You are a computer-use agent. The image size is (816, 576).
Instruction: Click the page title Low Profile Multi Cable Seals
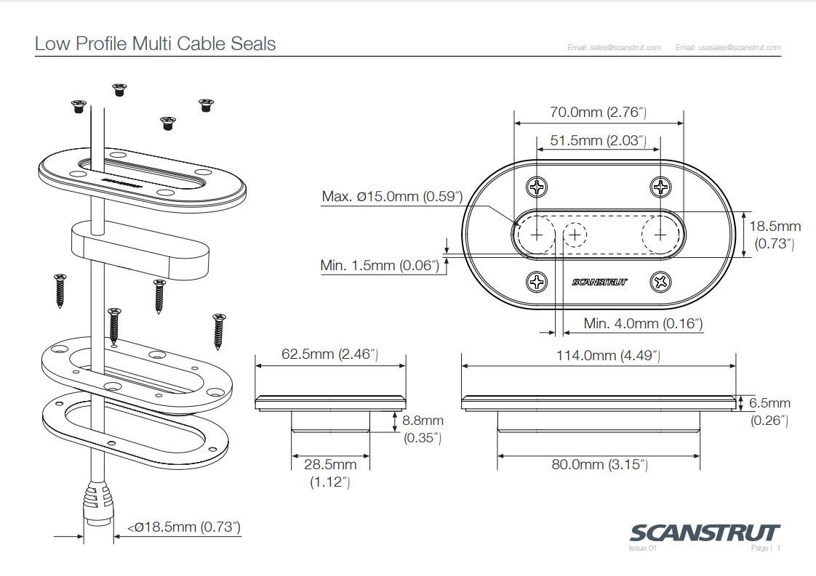coord(155,44)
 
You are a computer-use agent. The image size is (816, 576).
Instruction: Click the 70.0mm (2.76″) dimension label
coord(598,113)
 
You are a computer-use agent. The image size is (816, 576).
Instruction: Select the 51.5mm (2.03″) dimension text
coord(598,141)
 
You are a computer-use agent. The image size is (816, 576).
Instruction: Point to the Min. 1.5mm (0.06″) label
coord(380,265)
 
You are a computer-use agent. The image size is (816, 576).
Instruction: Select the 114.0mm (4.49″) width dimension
coord(598,355)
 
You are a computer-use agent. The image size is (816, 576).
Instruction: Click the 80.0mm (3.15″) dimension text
coord(599,464)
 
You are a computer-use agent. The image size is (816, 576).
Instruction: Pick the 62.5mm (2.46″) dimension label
coord(330,354)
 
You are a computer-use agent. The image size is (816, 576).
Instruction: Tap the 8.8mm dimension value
coord(423,421)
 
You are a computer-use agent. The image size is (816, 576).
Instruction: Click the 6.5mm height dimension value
coord(769,403)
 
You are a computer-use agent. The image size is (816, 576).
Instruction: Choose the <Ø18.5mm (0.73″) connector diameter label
coord(183,527)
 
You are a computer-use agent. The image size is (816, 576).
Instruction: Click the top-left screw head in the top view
coord(537,188)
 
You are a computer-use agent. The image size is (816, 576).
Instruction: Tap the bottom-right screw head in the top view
coord(660,281)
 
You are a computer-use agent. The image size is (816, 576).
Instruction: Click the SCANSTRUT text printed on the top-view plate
coord(599,282)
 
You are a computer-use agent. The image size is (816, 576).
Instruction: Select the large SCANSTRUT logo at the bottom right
coord(703,532)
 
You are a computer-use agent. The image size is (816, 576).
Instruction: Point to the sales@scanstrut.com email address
coord(614,48)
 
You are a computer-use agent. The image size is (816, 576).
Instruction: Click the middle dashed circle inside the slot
coord(575,235)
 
